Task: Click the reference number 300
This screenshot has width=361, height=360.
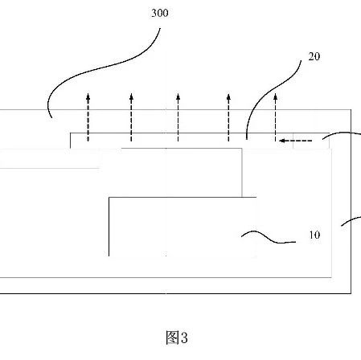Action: pyautogui.click(x=160, y=13)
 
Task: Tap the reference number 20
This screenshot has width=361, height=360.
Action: pyautogui.click(x=314, y=56)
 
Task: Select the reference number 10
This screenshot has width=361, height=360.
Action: pyautogui.click(x=314, y=235)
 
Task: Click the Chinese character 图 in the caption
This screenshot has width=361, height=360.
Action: pyautogui.click(x=172, y=337)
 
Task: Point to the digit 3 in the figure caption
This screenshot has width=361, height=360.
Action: pyautogui.click(x=184, y=337)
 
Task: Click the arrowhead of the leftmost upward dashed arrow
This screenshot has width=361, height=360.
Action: pyautogui.click(x=88, y=96)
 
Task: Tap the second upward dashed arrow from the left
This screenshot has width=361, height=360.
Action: pyautogui.click(x=131, y=117)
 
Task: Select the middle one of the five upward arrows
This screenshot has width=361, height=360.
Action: pyautogui.click(x=178, y=117)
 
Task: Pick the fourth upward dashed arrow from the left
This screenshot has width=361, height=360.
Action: pyautogui.click(x=228, y=117)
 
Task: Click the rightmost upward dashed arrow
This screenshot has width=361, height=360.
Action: pyautogui.click(x=275, y=117)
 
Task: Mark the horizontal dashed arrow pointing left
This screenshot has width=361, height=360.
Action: pyautogui.click(x=295, y=141)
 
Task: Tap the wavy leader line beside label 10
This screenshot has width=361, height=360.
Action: pyautogui.click(x=268, y=238)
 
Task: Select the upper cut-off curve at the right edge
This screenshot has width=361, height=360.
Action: pyautogui.click(x=343, y=133)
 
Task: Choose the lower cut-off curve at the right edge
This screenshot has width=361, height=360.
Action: pyautogui.click(x=351, y=221)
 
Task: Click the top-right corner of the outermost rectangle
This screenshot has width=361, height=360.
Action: pyautogui.click(x=351, y=110)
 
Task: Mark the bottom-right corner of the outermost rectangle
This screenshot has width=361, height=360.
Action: pyautogui.click(x=351, y=293)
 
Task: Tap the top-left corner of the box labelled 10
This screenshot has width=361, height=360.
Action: pyautogui.click(x=109, y=198)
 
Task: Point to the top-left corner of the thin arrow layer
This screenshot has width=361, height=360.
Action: pyautogui.click(x=71, y=133)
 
